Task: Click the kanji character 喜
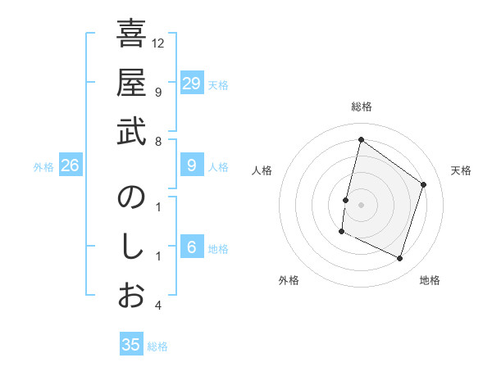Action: pyautogui.click(x=131, y=35)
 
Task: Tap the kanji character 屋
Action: pyautogui.click(x=131, y=84)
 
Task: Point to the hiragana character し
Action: pyautogui.click(x=131, y=247)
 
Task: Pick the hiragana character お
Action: pyautogui.click(x=131, y=296)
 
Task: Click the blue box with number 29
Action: pyautogui.click(x=191, y=84)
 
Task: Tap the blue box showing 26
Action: pyautogui.click(x=70, y=165)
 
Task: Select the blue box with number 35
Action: pyautogui.click(x=131, y=345)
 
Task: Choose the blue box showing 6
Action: pyautogui.click(x=191, y=247)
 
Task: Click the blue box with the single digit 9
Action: pyautogui.click(x=191, y=165)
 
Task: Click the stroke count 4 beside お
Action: pyautogui.click(x=158, y=306)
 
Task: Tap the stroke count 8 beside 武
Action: pyautogui.click(x=158, y=141)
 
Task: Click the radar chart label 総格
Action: pyautogui.click(x=361, y=107)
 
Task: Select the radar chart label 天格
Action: pyautogui.click(x=461, y=170)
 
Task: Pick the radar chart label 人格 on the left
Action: pyautogui.click(x=262, y=170)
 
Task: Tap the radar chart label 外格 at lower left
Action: pyautogui.click(x=289, y=280)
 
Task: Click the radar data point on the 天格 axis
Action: pyautogui.click(x=424, y=184)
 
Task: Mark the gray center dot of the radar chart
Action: pyautogui.click(x=361, y=204)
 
